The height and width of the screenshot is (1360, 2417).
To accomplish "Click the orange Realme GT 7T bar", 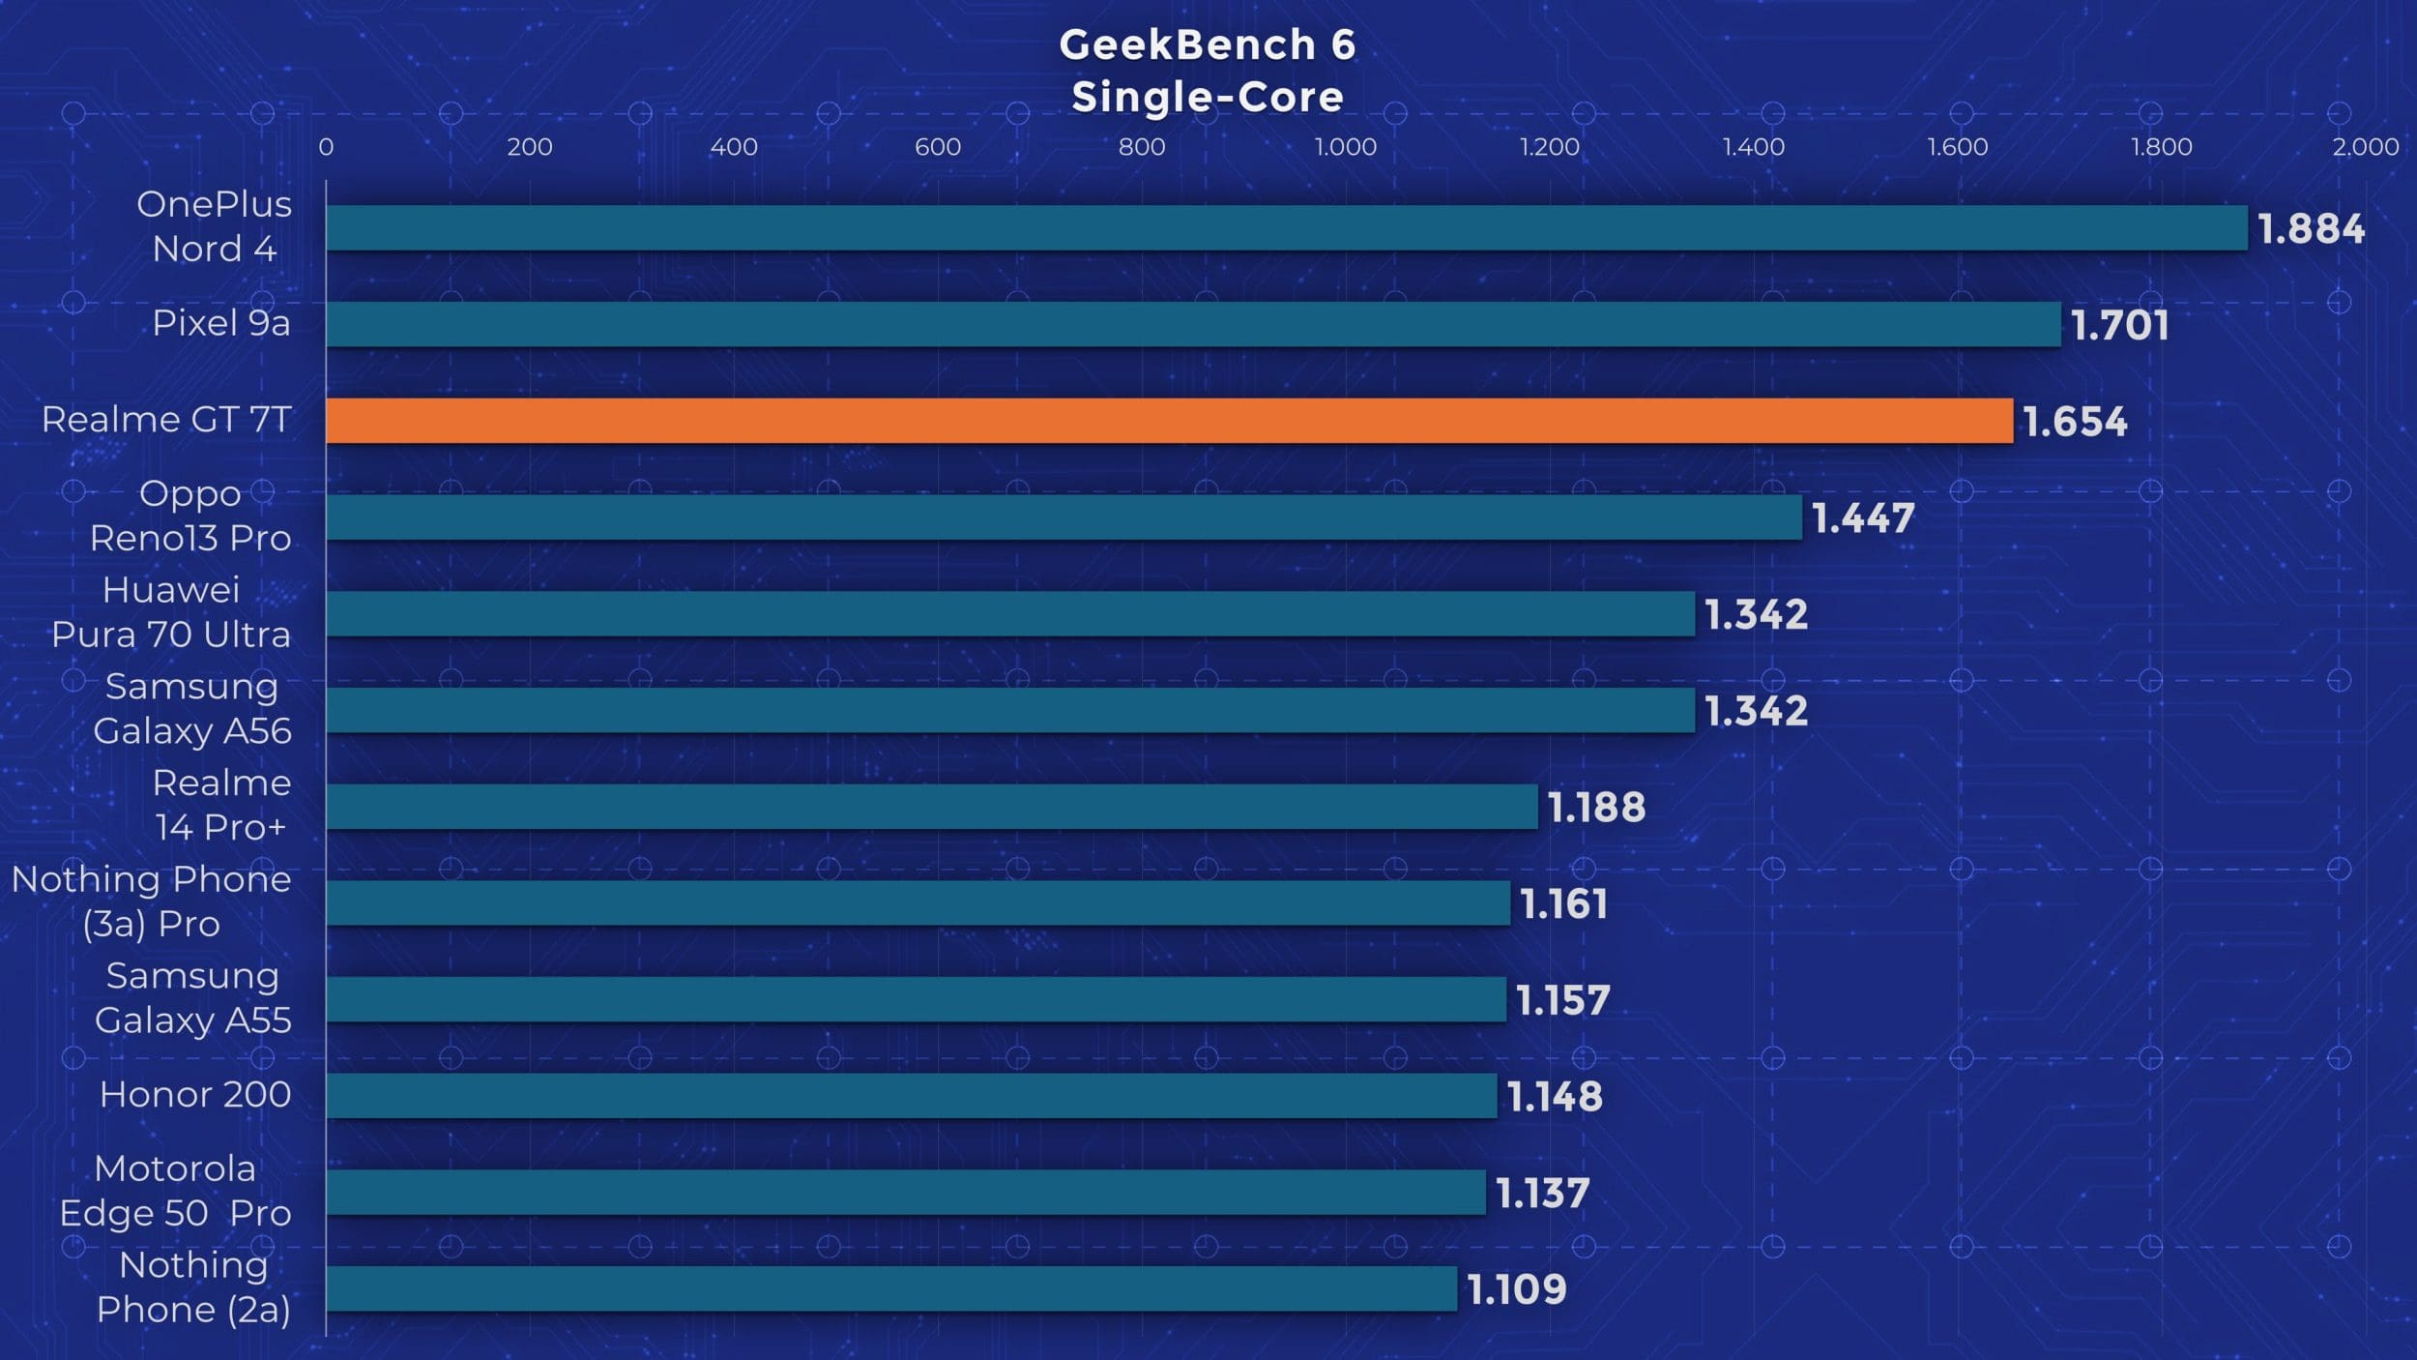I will click(x=1169, y=421).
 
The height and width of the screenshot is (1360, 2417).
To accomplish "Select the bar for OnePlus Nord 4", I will click(x=1286, y=227).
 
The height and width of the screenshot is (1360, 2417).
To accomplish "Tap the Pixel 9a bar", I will click(x=1193, y=324).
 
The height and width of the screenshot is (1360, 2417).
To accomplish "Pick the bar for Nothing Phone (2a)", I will click(x=890, y=1288).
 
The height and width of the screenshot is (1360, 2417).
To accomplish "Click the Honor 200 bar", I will click(x=911, y=1096).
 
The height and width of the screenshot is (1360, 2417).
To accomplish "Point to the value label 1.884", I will click(x=2311, y=229).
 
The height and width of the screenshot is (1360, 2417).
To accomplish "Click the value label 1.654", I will click(x=2075, y=422).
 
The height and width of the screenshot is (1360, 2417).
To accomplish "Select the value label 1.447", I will click(x=1862, y=518).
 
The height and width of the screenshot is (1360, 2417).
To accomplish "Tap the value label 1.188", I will click(x=1596, y=808).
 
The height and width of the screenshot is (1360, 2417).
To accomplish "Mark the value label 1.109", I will click(x=1516, y=1289).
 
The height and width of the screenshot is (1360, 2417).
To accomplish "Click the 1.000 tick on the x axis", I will click(x=1345, y=147).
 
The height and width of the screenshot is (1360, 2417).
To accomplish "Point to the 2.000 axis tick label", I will click(x=2365, y=147).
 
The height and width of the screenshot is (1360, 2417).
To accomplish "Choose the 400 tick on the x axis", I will click(x=734, y=147).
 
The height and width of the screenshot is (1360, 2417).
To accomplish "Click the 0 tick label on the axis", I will click(x=326, y=147).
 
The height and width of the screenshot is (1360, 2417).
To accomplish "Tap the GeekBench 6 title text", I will click(x=1208, y=44).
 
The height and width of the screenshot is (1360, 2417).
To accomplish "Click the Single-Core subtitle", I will click(x=1208, y=97).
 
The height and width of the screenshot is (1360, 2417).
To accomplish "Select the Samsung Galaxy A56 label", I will click(x=192, y=708).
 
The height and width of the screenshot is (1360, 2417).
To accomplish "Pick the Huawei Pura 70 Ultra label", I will click(x=171, y=612).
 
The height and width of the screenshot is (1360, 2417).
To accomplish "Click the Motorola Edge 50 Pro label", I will click(x=175, y=1191).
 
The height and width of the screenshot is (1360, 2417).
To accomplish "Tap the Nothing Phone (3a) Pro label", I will click(x=152, y=902).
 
